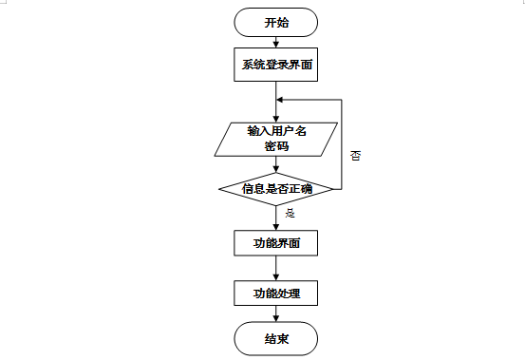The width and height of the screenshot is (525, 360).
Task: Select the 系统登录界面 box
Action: coord(276,66)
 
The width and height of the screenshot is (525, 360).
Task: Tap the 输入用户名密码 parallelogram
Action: coord(276,139)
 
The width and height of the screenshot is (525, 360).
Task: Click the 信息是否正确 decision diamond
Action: coord(276,188)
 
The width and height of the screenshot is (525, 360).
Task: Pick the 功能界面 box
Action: coord(276,243)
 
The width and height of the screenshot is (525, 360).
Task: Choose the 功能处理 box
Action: coord(276,293)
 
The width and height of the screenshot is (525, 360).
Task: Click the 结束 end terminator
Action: coord(276,338)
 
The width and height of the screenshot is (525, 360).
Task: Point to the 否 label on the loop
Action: coord(355,154)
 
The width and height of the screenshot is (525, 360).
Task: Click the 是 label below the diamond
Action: coord(290,213)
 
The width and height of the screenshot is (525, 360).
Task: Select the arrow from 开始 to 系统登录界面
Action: coord(276,43)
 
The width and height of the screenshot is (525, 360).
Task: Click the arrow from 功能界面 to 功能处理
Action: coord(276,268)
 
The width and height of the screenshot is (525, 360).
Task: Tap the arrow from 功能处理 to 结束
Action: coord(276,314)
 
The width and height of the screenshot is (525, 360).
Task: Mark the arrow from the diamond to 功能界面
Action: coord(276,216)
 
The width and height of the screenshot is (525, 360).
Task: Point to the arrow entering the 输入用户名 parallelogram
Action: coord(276,112)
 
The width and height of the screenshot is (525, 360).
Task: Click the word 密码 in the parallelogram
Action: coord(276,147)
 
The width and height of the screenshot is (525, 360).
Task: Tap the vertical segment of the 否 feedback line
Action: coord(341,142)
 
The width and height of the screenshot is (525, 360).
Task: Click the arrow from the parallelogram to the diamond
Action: coord(276,163)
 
